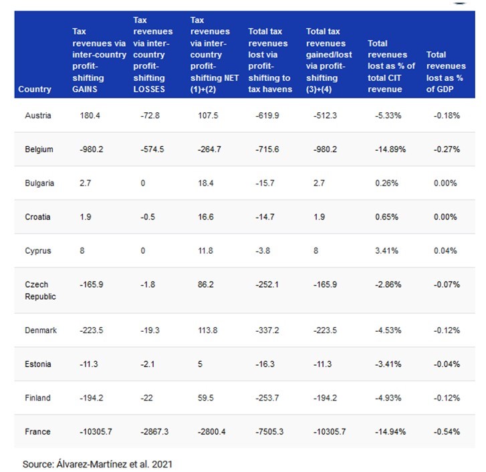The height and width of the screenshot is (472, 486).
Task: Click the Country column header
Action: click(x=35, y=89)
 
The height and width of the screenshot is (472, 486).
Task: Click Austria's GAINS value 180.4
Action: click(x=84, y=115)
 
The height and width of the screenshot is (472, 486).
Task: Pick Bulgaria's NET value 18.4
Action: click(x=202, y=183)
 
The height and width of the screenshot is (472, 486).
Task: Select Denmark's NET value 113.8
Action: click(x=204, y=330)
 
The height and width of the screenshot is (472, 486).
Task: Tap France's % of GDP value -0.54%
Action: click(x=445, y=431)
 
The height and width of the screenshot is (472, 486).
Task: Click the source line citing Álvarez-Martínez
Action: click(x=98, y=464)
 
